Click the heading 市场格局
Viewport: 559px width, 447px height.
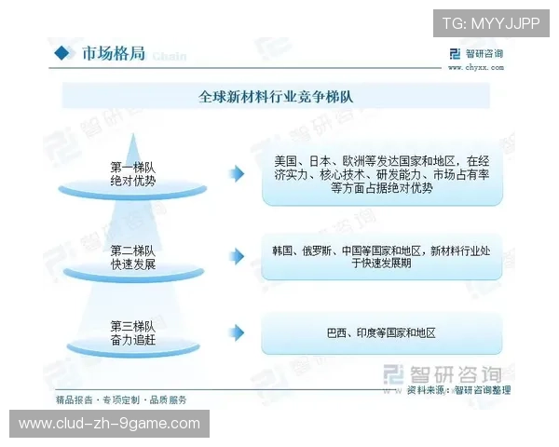[x=113, y=53]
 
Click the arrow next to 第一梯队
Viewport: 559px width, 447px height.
[x=238, y=173]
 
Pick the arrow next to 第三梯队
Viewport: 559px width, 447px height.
[x=238, y=332]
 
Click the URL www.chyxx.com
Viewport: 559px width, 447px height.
[x=475, y=67]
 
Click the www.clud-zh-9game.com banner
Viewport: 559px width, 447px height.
[x=110, y=424]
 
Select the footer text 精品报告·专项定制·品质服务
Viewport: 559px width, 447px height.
[x=121, y=400]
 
